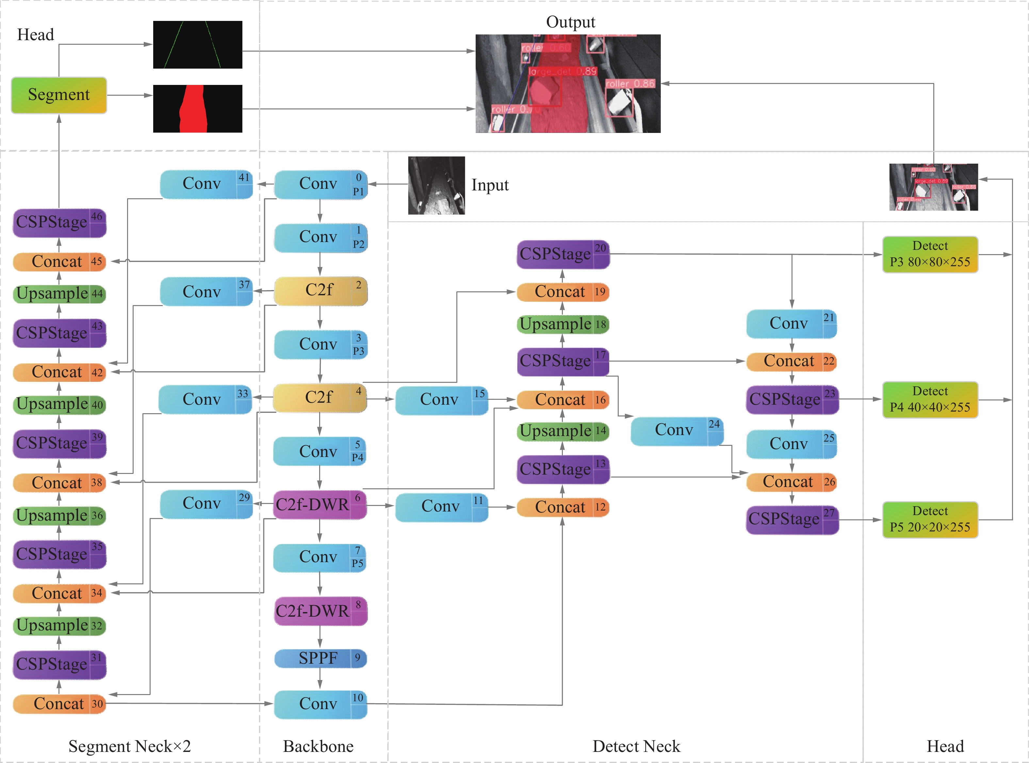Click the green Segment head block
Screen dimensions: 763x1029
59,95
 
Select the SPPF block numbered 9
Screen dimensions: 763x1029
320,658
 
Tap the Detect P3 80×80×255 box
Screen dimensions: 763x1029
930,254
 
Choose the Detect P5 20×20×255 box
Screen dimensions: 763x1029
930,520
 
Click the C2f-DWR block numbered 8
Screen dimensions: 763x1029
320,611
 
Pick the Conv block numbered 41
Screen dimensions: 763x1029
206,184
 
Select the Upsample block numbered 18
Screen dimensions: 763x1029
563,324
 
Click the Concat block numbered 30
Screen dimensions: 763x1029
59,704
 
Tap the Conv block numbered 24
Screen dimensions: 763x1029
677,430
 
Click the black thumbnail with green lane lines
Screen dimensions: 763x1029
198,44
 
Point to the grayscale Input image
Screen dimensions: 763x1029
436,185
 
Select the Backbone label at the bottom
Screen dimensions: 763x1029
318,746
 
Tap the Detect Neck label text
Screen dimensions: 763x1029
636,746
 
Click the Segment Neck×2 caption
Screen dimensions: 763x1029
129,746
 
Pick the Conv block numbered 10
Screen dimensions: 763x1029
320,704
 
